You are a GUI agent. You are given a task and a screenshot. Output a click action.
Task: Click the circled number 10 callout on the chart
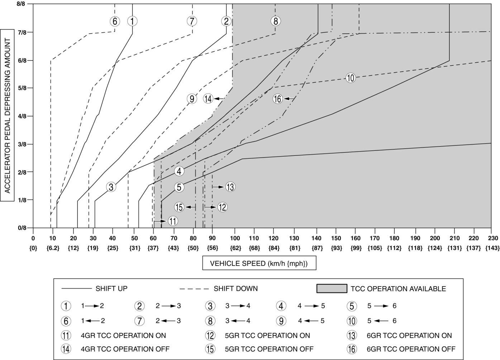click(x=351, y=78)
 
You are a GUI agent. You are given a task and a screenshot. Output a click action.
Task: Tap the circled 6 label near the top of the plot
click(x=115, y=21)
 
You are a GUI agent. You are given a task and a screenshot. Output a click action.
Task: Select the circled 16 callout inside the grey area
click(x=278, y=99)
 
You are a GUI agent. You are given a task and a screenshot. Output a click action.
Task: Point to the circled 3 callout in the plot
click(x=111, y=187)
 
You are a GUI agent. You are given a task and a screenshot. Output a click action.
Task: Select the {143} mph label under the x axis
click(x=491, y=248)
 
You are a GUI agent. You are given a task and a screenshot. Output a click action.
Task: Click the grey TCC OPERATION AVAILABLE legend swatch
click(x=332, y=288)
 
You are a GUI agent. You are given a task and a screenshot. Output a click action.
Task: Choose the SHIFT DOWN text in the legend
click(x=235, y=288)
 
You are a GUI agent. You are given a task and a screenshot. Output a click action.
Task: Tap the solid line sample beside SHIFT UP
click(x=77, y=288)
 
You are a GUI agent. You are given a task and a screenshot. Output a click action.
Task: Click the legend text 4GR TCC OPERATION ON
click(x=124, y=336)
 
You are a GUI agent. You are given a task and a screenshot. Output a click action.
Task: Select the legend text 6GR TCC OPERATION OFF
click(x=411, y=349)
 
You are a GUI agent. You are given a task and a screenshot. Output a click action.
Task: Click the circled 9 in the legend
click(x=281, y=321)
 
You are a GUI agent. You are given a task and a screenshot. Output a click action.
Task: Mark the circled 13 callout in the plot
click(x=230, y=187)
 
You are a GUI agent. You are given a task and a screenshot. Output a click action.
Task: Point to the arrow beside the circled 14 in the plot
click(x=219, y=99)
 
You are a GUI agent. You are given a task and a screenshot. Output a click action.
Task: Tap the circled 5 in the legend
click(x=352, y=306)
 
